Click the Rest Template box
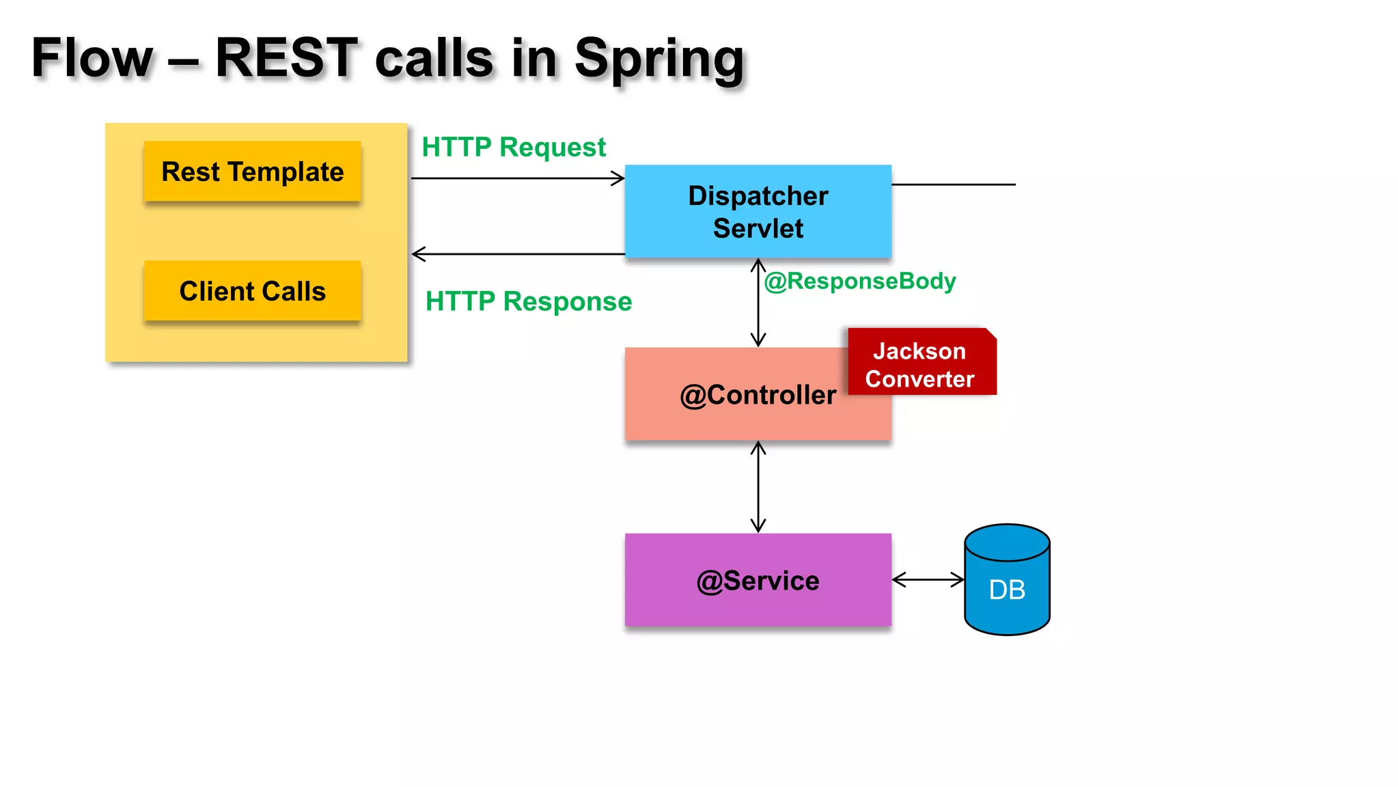click(x=252, y=171)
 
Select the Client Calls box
click(x=252, y=291)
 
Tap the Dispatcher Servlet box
click(x=758, y=212)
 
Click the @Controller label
click(x=758, y=395)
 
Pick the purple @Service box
click(x=758, y=580)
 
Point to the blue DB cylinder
click(x=1007, y=581)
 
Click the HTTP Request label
click(x=514, y=148)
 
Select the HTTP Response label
click(x=528, y=301)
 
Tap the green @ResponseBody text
click(x=859, y=281)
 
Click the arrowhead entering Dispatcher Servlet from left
click(x=619, y=178)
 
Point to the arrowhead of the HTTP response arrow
click(x=417, y=254)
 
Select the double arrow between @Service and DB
click(x=928, y=580)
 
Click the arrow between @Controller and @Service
click(x=758, y=486)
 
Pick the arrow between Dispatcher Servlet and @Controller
click(x=758, y=303)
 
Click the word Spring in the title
click(x=659, y=59)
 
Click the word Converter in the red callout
click(x=919, y=379)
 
